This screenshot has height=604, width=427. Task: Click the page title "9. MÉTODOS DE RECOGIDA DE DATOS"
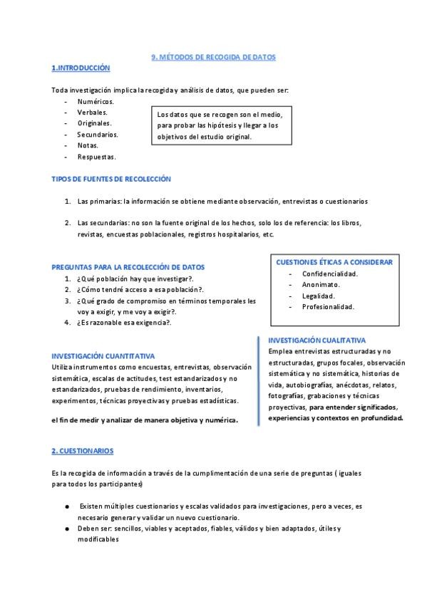click(213, 57)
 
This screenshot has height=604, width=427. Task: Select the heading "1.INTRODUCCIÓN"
click(81, 68)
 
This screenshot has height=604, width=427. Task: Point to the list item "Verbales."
click(93, 113)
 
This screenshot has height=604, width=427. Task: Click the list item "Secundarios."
click(98, 134)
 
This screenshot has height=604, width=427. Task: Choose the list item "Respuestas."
click(96, 157)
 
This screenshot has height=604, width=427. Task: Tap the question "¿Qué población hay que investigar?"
click(135, 278)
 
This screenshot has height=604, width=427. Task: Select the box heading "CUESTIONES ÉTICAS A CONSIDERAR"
click(334, 262)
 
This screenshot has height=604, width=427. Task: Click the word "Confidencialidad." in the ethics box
click(330, 274)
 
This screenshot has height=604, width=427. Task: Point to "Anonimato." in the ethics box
click(320, 284)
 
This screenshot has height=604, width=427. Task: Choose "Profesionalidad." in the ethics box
click(328, 307)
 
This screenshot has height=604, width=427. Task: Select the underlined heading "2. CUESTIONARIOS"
click(82, 451)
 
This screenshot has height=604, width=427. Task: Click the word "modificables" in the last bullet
click(98, 539)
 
